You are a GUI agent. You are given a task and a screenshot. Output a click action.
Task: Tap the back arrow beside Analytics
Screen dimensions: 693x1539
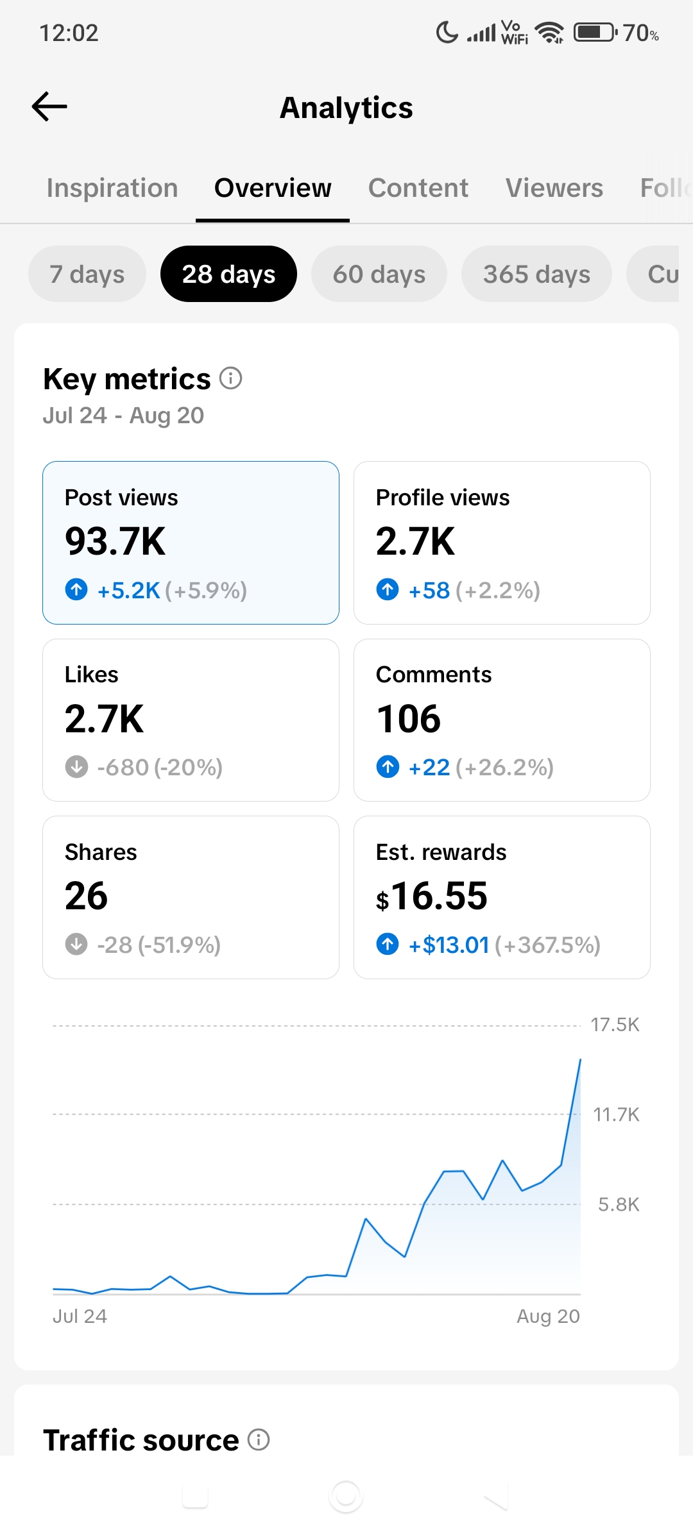click(49, 106)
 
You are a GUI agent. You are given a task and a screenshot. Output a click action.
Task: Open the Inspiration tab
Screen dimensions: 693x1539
click(112, 188)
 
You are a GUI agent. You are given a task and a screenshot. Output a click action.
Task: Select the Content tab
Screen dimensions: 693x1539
click(418, 188)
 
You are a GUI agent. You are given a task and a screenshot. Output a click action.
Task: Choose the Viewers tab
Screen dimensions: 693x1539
click(554, 188)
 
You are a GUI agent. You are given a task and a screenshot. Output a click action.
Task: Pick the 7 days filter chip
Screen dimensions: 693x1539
click(87, 274)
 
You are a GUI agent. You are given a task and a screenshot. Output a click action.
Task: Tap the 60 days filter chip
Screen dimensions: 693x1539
click(379, 274)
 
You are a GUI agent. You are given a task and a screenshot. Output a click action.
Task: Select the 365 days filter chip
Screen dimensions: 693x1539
click(536, 274)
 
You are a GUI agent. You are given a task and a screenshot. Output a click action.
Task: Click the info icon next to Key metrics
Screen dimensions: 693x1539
click(231, 378)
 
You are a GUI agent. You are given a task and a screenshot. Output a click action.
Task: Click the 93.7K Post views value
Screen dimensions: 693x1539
click(116, 541)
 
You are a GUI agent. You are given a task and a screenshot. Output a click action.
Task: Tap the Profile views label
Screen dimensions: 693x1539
click(443, 498)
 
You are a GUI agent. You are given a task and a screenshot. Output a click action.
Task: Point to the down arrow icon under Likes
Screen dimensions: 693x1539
click(77, 766)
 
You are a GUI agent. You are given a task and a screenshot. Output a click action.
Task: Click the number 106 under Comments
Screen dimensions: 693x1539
click(409, 718)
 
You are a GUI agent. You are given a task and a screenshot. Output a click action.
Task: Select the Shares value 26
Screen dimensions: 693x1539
click(87, 896)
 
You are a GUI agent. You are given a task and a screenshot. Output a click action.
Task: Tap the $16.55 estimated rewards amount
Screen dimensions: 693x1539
click(432, 896)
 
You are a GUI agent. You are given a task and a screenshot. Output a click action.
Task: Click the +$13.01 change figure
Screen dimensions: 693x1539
click(449, 945)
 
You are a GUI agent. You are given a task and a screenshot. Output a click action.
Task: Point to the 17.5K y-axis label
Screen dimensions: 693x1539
click(615, 1025)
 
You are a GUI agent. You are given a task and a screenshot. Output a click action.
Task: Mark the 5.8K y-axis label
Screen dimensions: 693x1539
click(619, 1204)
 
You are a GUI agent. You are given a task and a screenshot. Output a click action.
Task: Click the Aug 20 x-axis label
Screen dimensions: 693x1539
click(549, 1316)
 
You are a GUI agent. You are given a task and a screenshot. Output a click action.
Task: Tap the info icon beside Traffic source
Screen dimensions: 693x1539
click(259, 1440)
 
